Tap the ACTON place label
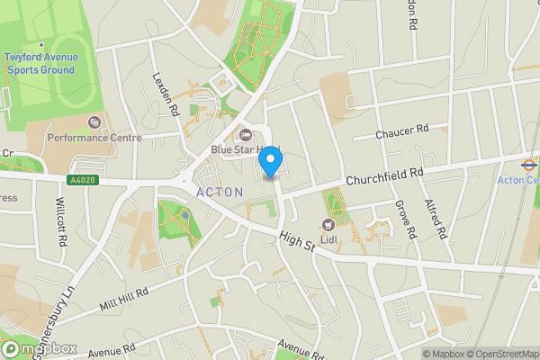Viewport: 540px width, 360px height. [220, 193]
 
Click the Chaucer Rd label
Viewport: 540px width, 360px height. [402, 132]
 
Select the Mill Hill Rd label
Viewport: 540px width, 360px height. [123, 299]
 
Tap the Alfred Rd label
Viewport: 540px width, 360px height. [438, 220]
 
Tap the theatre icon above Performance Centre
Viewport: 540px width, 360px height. [94, 122]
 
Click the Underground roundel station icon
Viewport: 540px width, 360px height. [528, 165]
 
